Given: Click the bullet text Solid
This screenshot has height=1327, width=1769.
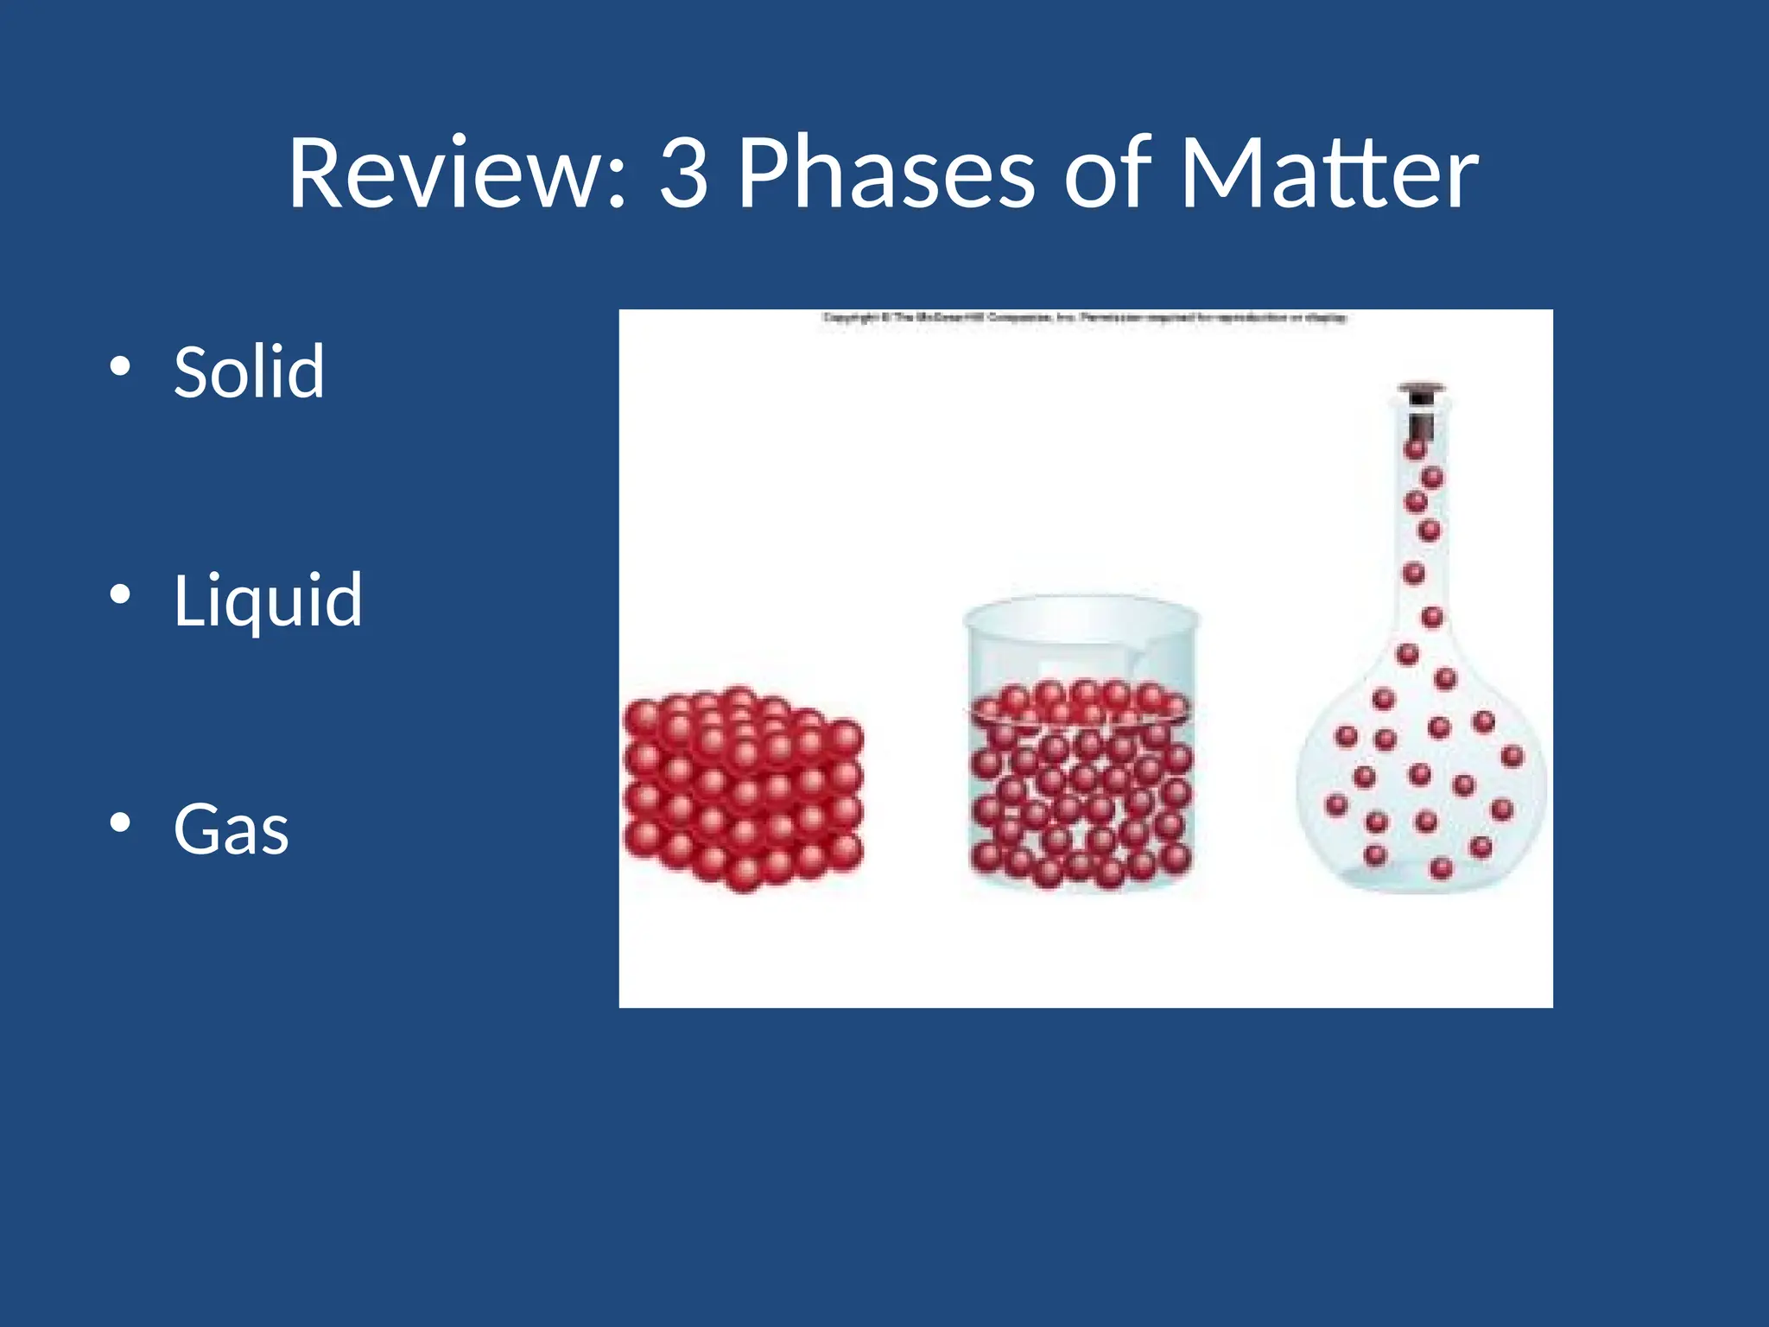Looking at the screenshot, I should [249, 371].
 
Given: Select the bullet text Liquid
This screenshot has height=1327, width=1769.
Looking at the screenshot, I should [268, 600].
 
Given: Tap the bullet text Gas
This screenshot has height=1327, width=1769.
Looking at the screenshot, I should [231, 829].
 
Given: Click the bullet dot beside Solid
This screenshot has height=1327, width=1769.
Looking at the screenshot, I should [120, 366].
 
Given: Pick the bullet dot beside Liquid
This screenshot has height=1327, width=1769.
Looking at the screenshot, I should [120, 594].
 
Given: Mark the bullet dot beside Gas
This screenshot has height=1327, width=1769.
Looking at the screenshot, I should [120, 822].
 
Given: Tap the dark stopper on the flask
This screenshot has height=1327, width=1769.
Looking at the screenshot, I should [1421, 394].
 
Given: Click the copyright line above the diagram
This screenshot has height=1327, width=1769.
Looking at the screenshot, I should [1084, 318].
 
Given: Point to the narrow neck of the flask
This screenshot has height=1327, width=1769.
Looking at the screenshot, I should [1421, 536].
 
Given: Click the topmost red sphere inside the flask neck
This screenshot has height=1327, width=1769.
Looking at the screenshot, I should [1415, 449].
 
